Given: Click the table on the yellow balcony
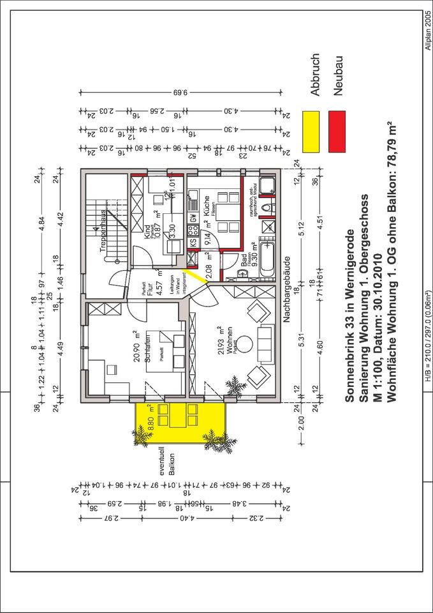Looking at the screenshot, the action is pyautogui.click(x=175, y=418).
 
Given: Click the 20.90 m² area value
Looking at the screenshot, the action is pyautogui.click(x=136, y=348).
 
